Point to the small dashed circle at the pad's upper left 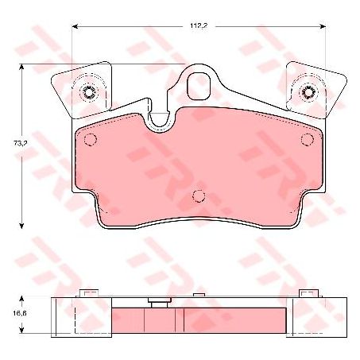pyautogui.click(x=90, y=141)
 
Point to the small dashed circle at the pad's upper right pyautogui.click(x=308, y=141)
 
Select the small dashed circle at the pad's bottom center pyautogui.click(x=199, y=196)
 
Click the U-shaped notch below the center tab pyautogui.click(x=160, y=119)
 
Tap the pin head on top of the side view pyautogui.click(x=160, y=301)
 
